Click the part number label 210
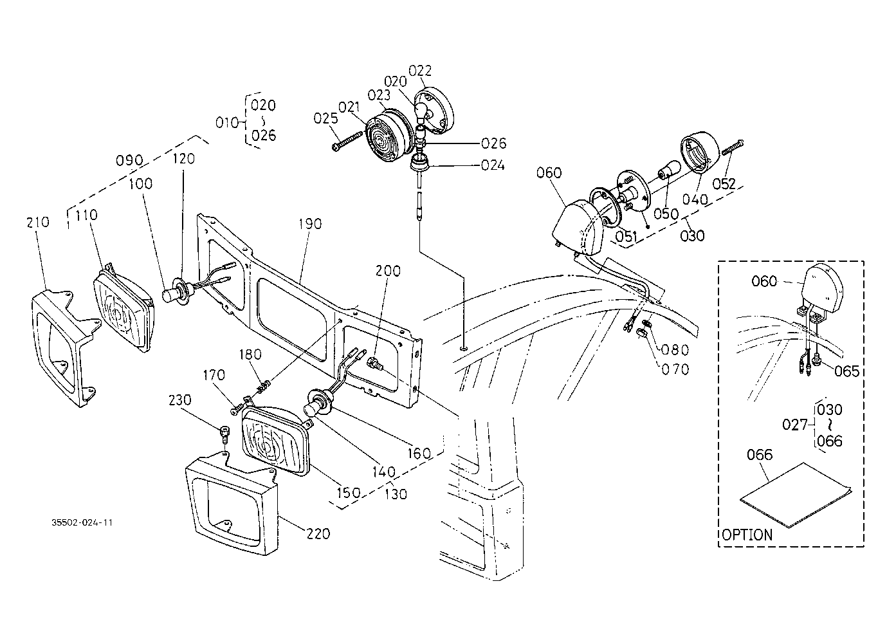(38, 223)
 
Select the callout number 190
(310, 224)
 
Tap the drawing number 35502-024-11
(82, 522)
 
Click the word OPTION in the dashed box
(747, 535)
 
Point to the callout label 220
(318, 534)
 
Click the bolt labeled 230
(224, 434)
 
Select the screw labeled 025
(347, 142)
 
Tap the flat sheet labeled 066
(796, 495)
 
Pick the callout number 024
(493, 165)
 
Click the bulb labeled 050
(669, 169)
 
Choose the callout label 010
(227, 123)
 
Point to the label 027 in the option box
(794, 425)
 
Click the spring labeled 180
(264, 385)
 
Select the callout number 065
(847, 371)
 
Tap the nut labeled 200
(374, 362)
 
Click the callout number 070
(675, 369)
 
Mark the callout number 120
(184, 159)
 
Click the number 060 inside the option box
(764, 281)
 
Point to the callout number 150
(349, 493)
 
